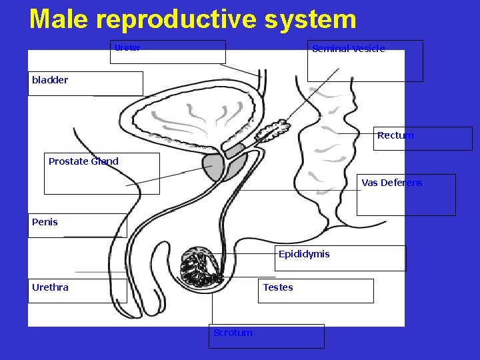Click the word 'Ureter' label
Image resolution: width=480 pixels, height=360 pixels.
(x=127, y=48)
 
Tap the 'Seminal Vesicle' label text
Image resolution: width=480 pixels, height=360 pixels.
(x=348, y=49)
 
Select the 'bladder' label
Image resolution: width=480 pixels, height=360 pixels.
(x=50, y=80)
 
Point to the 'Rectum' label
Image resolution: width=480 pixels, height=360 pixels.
(x=395, y=135)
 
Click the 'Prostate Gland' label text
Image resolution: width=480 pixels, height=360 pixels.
(x=83, y=161)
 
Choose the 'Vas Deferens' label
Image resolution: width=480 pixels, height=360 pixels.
(x=392, y=183)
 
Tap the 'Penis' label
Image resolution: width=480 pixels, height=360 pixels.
(x=45, y=222)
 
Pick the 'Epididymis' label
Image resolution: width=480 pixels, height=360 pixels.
(x=304, y=254)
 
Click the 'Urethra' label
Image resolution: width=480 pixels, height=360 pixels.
(x=50, y=287)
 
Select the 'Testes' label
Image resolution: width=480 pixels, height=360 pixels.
(x=278, y=287)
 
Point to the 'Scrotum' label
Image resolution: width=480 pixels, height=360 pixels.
(x=233, y=332)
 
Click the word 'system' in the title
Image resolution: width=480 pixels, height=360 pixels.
(x=310, y=19)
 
